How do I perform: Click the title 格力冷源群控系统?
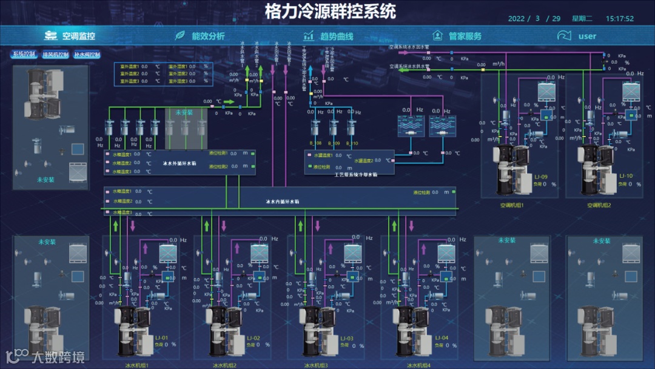[x=330, y=12]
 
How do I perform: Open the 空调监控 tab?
[x=78, y=36]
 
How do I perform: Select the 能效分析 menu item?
[x=208, y=36]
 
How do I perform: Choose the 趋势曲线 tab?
[x=336, y=36]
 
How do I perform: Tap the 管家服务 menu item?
[x=465, y=36]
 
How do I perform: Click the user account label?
[x=587, y=36]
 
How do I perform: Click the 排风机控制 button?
[x=55, y=55]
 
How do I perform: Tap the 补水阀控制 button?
[x=87, y=55]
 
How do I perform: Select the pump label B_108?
[x=315, y=143]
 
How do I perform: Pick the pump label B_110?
[x=352, y=143]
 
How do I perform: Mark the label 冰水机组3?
[x=315, y=365]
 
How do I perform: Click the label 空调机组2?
[x=599, y=205]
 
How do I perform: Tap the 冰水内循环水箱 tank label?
[x=283, y=201]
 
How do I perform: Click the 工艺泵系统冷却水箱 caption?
[x=356, y=174]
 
